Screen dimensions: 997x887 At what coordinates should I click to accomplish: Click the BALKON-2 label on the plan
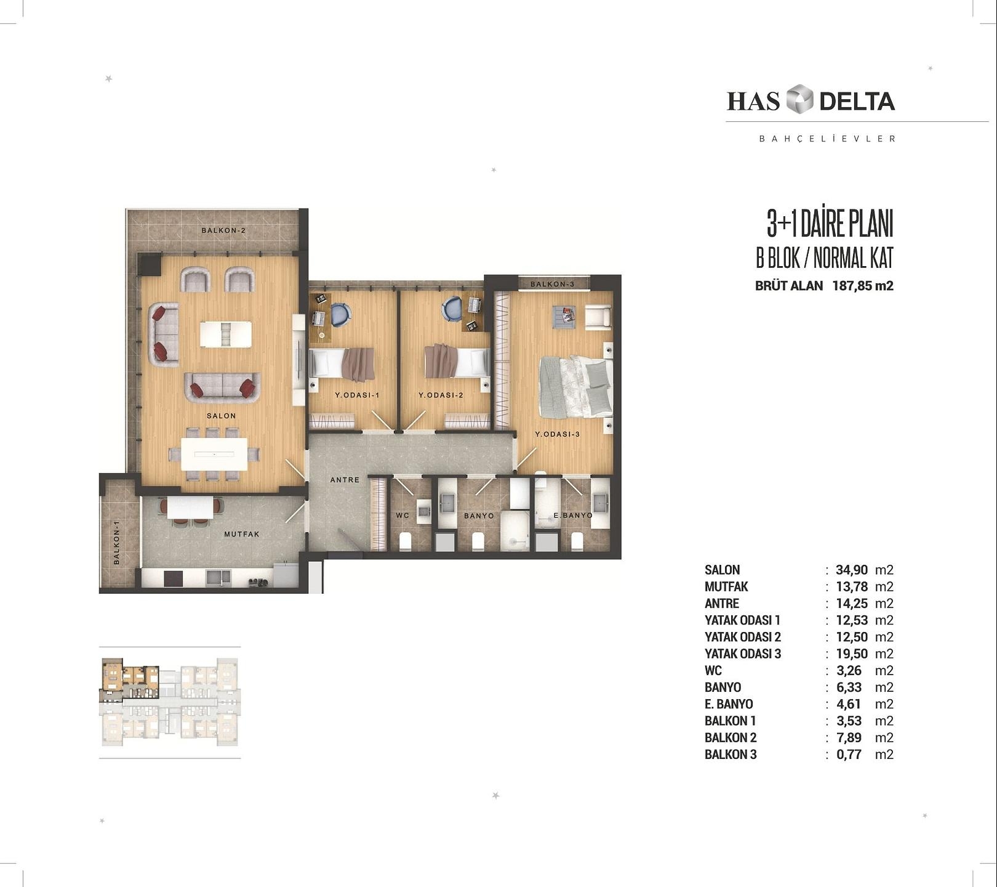pos(223,230)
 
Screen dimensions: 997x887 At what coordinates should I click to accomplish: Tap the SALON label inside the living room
pos(221,416)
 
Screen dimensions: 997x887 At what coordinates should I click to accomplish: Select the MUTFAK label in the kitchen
pos(242,534)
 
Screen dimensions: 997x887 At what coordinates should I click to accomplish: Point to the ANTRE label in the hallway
pos(345,480)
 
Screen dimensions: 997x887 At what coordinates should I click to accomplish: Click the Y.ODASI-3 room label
pos(558,434)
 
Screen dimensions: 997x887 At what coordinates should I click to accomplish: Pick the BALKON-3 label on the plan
pos(552,284)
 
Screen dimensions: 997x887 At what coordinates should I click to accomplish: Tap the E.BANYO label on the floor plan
pos(573,515)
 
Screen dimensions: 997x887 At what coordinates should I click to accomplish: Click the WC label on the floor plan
pos(402,516)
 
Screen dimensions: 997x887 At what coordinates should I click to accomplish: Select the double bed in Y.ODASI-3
pos(576,387)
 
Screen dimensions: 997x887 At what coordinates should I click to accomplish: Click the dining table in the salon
pos(214,455)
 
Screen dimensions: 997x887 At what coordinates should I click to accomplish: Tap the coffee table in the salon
pos(226,334)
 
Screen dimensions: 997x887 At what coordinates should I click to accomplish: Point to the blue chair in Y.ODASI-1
pos(341,314)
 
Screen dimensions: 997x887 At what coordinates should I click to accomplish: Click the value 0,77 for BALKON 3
pos(849,755)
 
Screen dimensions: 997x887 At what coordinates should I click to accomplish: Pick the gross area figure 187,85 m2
pos(863,286)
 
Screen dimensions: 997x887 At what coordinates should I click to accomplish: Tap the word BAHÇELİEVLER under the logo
pos(827,139)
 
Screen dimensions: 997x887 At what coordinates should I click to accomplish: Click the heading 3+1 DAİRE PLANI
pos(830,224)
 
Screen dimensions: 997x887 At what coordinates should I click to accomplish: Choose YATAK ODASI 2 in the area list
pos(743,637)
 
